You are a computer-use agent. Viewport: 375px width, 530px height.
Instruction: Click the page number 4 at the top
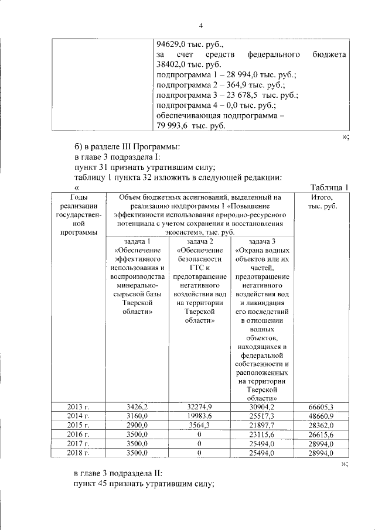[201, 25]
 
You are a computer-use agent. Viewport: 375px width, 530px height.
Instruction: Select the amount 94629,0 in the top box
[175, 44]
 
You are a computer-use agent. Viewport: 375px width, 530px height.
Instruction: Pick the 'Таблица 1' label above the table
[329, 187]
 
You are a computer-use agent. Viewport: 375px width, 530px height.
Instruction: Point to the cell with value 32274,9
[199, 406]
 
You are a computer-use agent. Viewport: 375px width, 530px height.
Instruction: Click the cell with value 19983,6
[199, 416]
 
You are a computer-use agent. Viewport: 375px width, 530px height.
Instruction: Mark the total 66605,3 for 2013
[321, 407]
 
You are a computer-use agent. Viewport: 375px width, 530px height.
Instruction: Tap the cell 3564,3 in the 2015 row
[199, 425]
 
